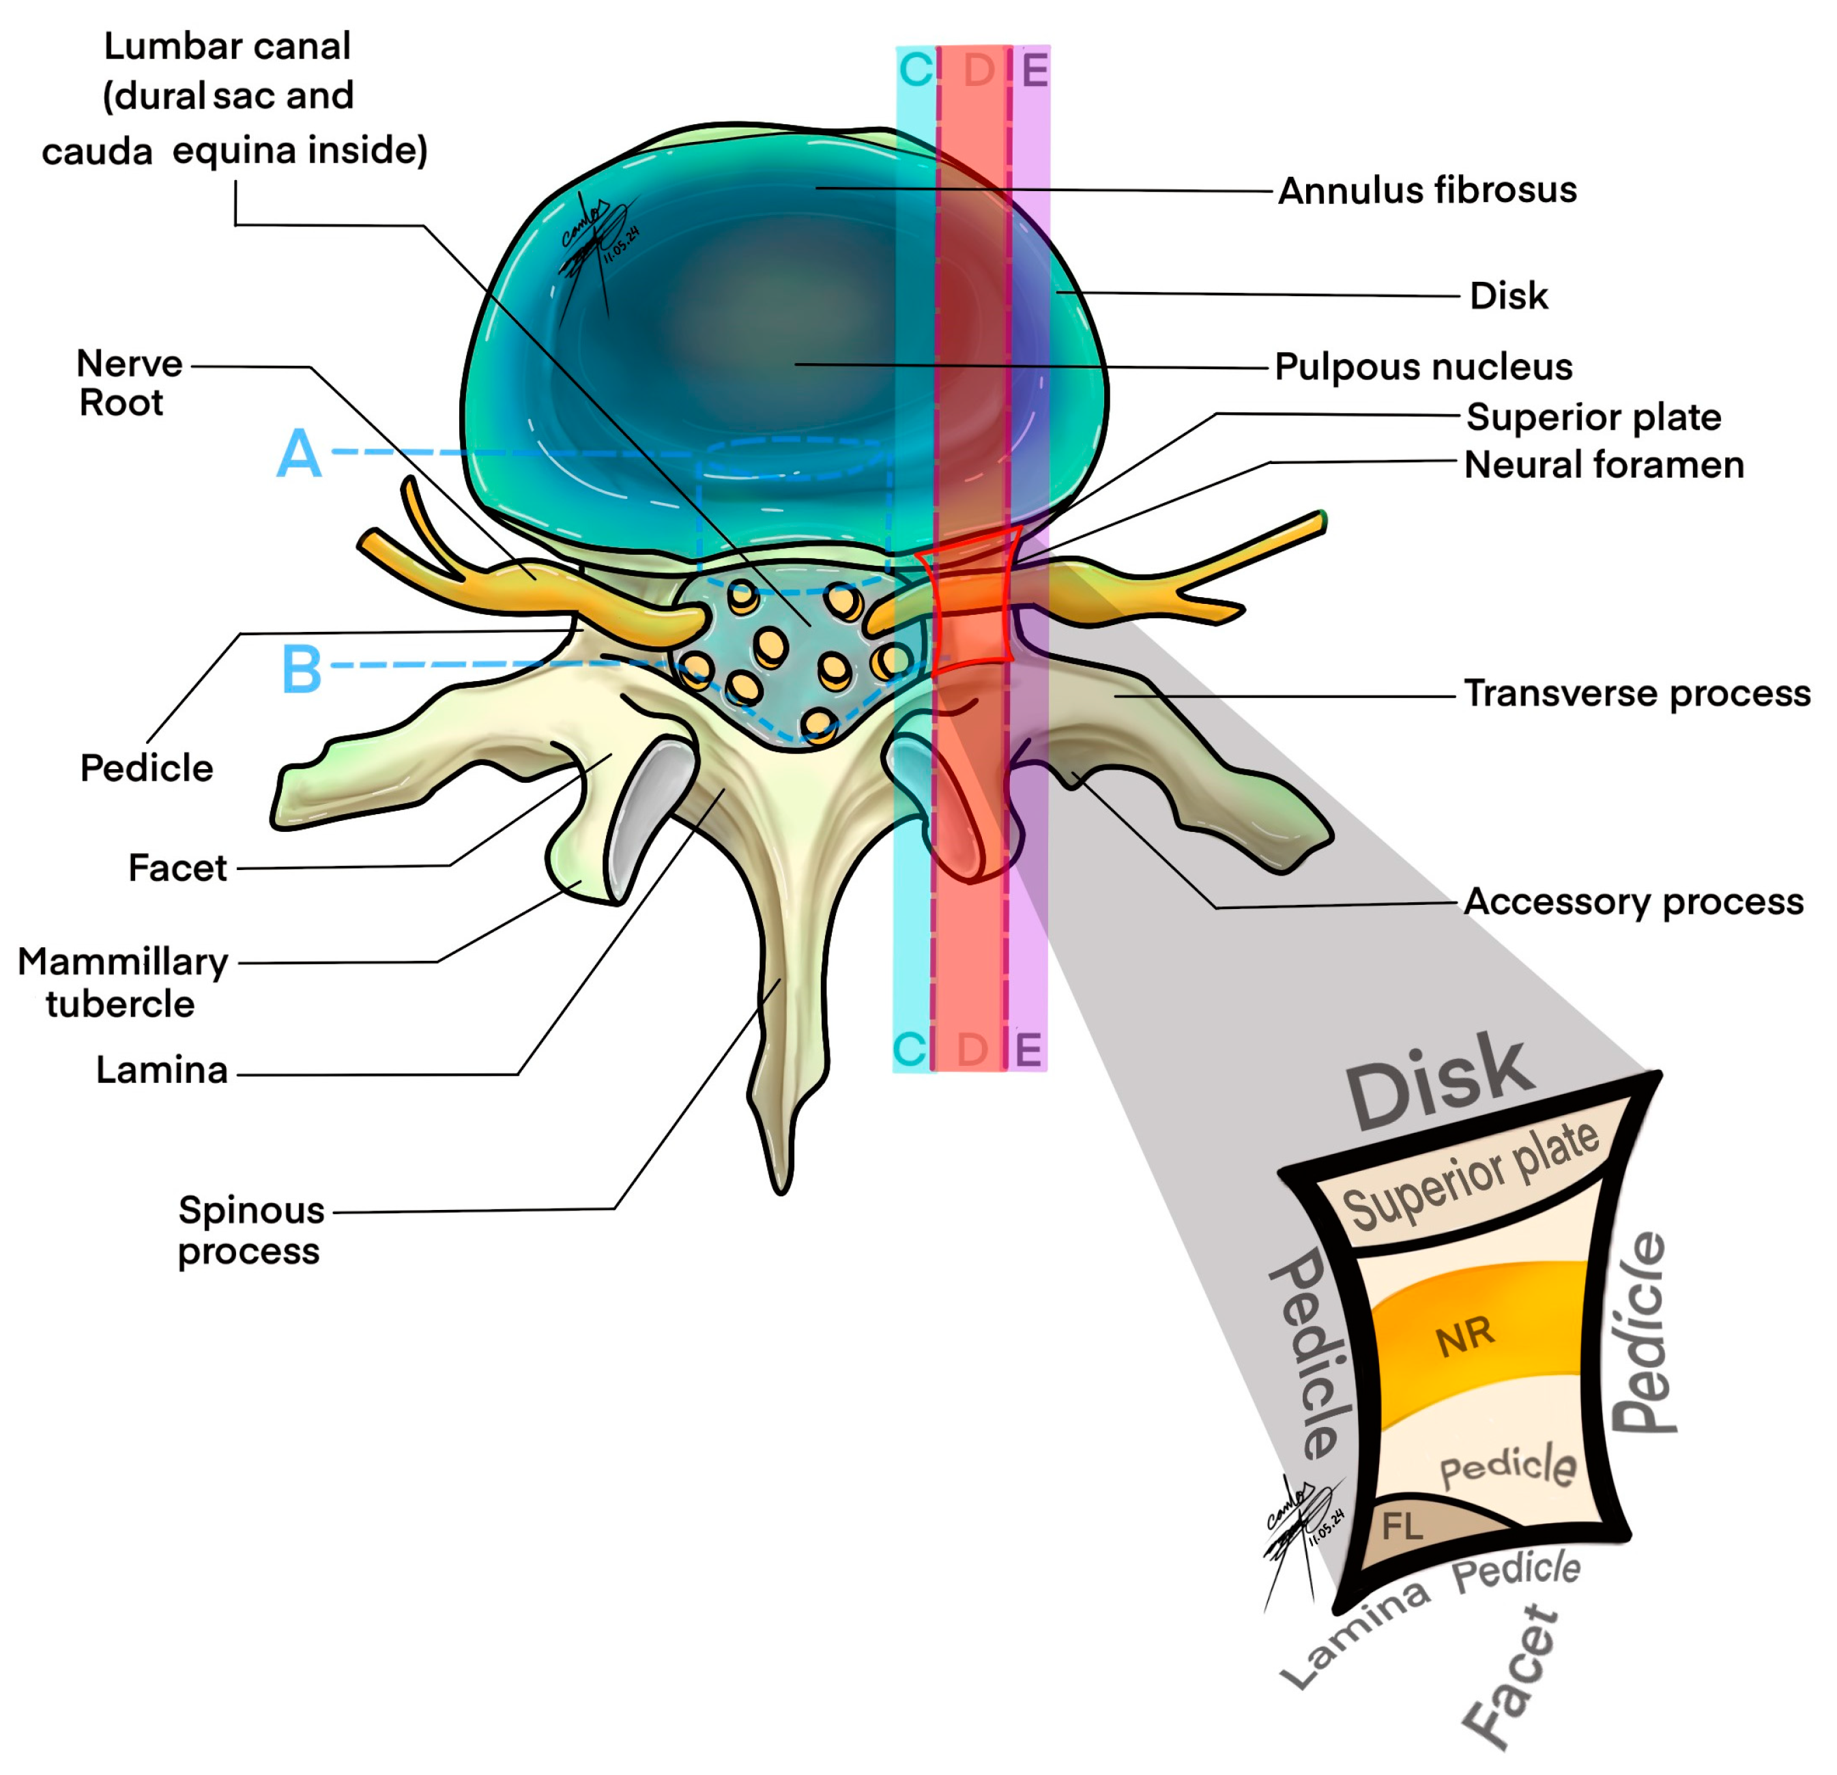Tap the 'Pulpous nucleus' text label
click(1423, 366)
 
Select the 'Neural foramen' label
click(1604, 465)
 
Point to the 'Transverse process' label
click(1636, 693)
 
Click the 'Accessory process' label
click(1633, 901)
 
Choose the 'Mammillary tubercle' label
click(122, 982)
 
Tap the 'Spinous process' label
click(250, 1230)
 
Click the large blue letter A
click(299, 454)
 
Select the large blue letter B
click(302, 669)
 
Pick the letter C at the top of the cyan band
click(916, 70)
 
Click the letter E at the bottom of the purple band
click(1028, 1050)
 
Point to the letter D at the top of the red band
click(979, 70)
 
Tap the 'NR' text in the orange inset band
click(1465, 1338)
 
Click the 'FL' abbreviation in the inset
click(1402, 1527)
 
